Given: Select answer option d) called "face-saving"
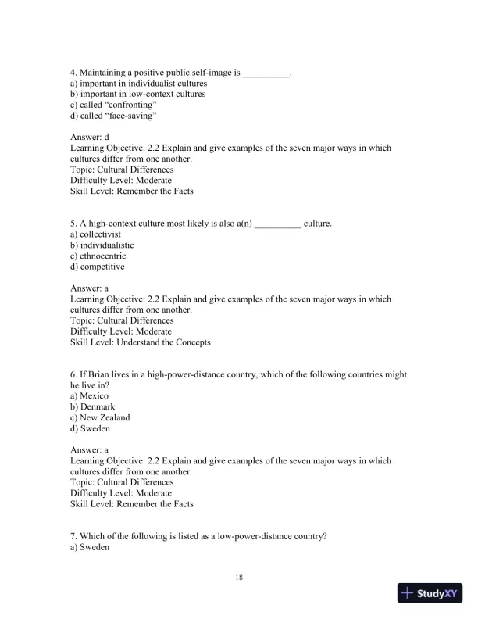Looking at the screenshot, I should point(113,116).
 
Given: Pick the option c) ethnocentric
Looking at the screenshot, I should point(98,256).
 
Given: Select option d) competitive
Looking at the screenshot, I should point(97,267).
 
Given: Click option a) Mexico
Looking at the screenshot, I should point(89,396).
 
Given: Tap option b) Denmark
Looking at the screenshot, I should point(92,407).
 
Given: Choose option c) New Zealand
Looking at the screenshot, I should point(100,417).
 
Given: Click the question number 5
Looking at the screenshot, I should point(73,224).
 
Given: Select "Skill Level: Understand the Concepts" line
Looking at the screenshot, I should point(140,342).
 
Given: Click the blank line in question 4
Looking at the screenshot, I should point(266,73).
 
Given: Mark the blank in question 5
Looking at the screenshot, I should point(277,224).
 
